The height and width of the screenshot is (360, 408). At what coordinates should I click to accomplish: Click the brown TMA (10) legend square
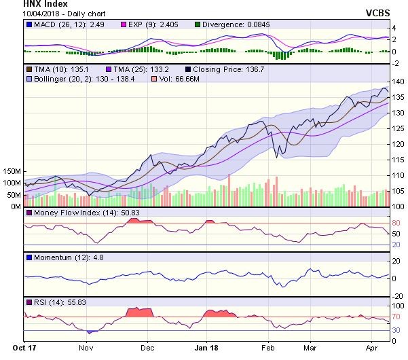(29, 69)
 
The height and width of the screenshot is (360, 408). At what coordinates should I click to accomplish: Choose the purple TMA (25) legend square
(111, 69)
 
